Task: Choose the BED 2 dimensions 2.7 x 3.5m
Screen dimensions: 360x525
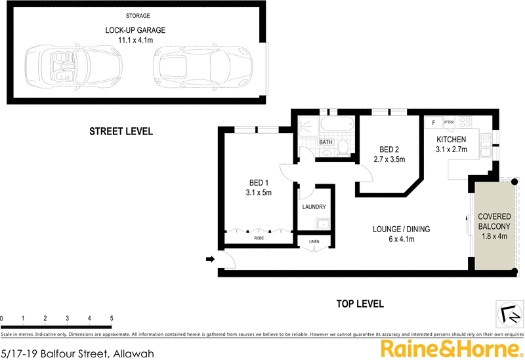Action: click(x=390, y=159)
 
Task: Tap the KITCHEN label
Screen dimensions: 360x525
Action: click(x=451, y=140)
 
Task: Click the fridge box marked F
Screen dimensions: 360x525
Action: click(x=434, y=123)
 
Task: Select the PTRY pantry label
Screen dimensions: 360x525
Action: click(x=450, y=123)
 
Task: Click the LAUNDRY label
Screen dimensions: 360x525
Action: click(x=314, y=207)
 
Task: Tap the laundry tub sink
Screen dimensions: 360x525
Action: click(x=322, y=224)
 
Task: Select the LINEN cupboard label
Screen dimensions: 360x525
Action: click(x=314, y=243)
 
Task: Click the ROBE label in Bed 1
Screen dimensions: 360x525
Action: click(x=260, y=239)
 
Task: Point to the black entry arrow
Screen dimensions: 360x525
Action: click(x=210, y=260)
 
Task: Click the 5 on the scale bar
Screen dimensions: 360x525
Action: click(x=112, y=318)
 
